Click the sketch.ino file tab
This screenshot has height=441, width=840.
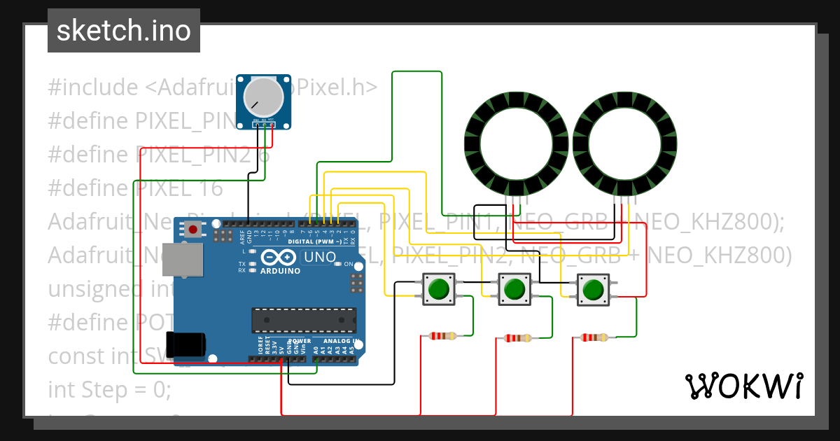124,31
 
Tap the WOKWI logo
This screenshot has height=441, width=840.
743,386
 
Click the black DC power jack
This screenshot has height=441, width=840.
185,346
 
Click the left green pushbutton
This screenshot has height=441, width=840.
439,289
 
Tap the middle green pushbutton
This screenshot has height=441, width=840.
514,289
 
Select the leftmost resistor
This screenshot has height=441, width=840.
442,336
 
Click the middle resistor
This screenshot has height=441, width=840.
518,338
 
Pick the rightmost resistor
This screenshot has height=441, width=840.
594,337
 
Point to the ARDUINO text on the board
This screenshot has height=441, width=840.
280,271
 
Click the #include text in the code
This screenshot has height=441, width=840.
93,87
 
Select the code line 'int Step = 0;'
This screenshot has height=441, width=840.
110,389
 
